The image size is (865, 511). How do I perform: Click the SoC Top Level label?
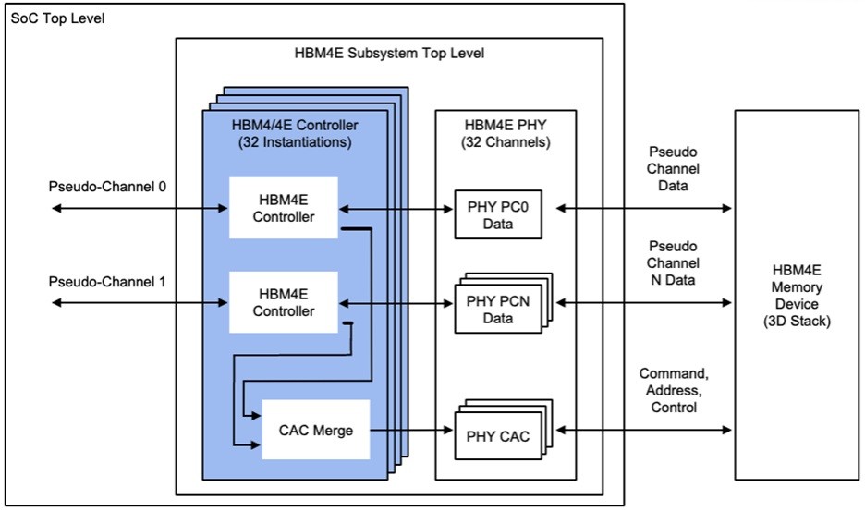tap(56, 18)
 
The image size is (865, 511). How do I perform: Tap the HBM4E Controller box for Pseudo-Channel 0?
tap(284, 209)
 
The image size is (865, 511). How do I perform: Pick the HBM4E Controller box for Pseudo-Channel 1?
tap(284, 302)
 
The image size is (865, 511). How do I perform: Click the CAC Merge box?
tap(317, 429)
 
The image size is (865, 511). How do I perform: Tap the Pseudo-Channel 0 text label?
tap(107, 187)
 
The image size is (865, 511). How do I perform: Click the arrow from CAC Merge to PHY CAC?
tap(411, 430)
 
